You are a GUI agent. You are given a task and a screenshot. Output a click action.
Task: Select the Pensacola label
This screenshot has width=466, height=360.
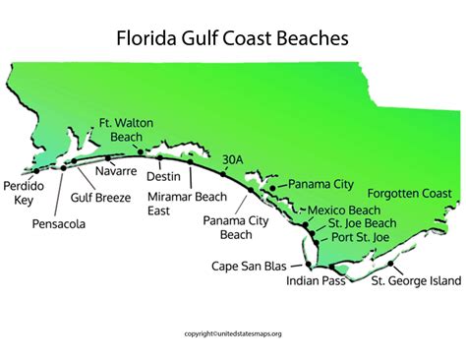(x=57, y=223)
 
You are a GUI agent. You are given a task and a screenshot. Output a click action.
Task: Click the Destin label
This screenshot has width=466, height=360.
(x=162, y=177)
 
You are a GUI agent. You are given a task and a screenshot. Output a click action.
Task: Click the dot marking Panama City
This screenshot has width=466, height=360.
(x=278, y=184)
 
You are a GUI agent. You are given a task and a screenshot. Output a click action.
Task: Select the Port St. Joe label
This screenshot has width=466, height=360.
(x=363, y=238)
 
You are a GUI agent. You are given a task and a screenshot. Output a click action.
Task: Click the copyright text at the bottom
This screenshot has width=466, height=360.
(x=233, y=334)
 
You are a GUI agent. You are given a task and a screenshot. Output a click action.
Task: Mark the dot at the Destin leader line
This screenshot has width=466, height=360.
(x=158, y=156)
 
